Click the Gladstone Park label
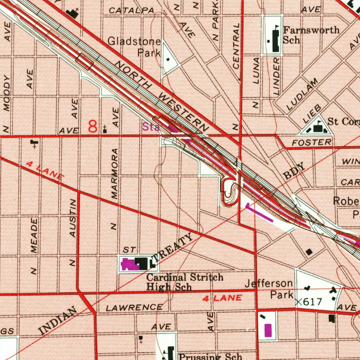pyautogui.click(x=134, y=47)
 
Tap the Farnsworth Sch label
pyautogui.click(x=311, y=34)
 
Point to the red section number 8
pyautogui.click(x=93, y=127)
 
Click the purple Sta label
pyautogui.click(x=151, y=127)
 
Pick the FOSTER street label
pyautogui.click(x=312, y=142)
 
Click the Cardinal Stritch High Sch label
pyautogui.click(x=185, y=282)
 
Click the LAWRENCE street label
pyautogui.click(x=134, y=308)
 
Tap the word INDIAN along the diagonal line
pyautogui.click(x=58, y=320)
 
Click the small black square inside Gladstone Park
pyautogui.click(x=168, y=59)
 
